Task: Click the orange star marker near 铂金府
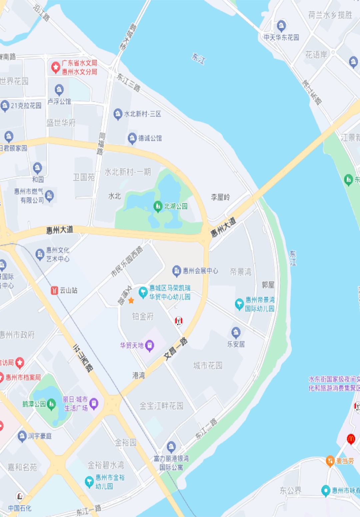[131, 301]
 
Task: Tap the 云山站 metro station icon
[54, 290]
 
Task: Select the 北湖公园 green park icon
[158, 206]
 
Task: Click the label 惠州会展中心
[200, 271]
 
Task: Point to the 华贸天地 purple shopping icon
[150, 345]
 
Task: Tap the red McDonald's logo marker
[351, 439]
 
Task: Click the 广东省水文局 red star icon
[55, 67]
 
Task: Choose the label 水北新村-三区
[142, 114]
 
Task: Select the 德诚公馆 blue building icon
[132, 138]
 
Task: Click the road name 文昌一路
[176, 349]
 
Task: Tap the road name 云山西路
[83, 358]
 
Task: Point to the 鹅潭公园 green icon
[51, 404]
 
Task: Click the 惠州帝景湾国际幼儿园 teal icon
[239, 304]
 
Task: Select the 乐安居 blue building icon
[236, 332]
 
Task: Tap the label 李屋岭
[220, 197]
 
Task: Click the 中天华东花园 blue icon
[281, 25]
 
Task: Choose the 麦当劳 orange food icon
[330, 461]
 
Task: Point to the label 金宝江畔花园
[161, 406]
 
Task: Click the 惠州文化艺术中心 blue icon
[40, 254]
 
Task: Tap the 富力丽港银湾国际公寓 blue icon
[171, 446]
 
